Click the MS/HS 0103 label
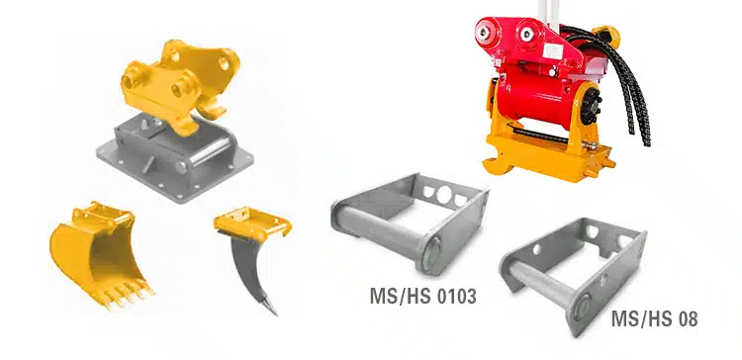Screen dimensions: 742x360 click(x=422, y=296)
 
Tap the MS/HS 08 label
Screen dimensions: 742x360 click(x=655, y=318)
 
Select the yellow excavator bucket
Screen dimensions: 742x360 click(x=100, y=254)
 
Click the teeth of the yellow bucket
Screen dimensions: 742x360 click(x=129, y=294)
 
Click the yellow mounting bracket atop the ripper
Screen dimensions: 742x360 click(x=251, y=224)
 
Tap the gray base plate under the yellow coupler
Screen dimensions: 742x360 click(x=174, y=157)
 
